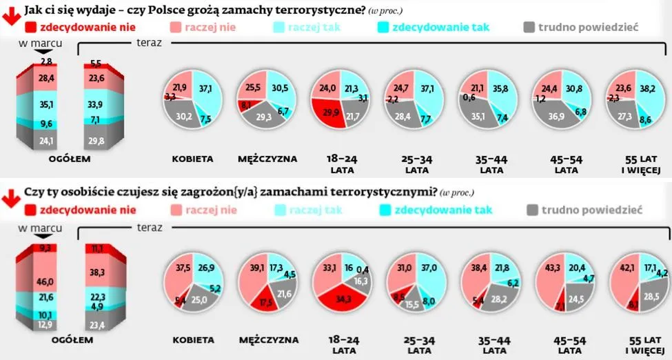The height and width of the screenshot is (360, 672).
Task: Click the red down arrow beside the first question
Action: [10, 13]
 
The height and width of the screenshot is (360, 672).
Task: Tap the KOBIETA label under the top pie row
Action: [192, 159]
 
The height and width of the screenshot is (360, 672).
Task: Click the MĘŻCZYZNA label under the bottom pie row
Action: [268, 340]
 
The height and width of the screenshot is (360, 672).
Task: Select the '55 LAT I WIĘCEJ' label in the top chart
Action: [638, 164]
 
